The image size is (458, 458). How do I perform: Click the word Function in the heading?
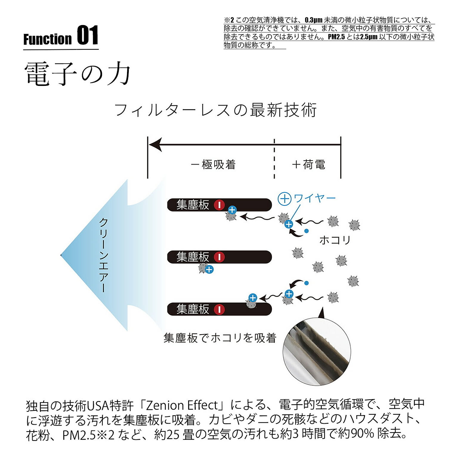click(x=48, y=39)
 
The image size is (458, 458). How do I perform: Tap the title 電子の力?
click(x=78, y=74)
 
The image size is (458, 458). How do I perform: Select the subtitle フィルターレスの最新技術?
click(x=215, y=110)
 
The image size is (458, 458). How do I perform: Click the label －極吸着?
click(x=213, y=165)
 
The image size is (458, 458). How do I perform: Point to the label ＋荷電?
click(x=308, y=165)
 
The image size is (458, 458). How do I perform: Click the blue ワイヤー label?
click(x=315, y=198)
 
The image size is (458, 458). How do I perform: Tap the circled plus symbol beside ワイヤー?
click(x=284, y=199)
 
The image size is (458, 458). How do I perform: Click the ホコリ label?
click(x=335, y=240)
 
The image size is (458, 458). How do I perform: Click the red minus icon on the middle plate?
click(x=219, y=257)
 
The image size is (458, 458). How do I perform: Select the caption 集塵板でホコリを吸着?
click(x=220, y=338)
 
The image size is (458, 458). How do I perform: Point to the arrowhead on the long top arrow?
click(x=155, y=145)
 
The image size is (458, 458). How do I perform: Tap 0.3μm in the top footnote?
click(x=313, y=20)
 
